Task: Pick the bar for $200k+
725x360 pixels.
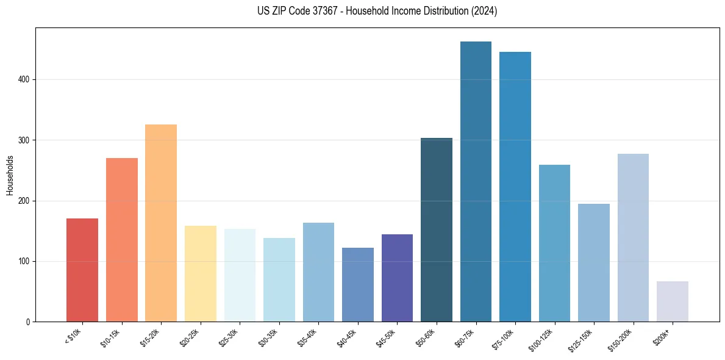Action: pos(673,301)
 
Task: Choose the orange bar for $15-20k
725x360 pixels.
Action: pos(161,223)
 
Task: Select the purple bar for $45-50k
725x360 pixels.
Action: pos(397,278)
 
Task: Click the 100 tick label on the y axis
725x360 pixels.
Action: pos(25,261)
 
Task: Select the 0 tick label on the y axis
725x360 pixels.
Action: pos(29,322)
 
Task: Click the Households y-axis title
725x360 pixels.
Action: pos(10,175)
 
